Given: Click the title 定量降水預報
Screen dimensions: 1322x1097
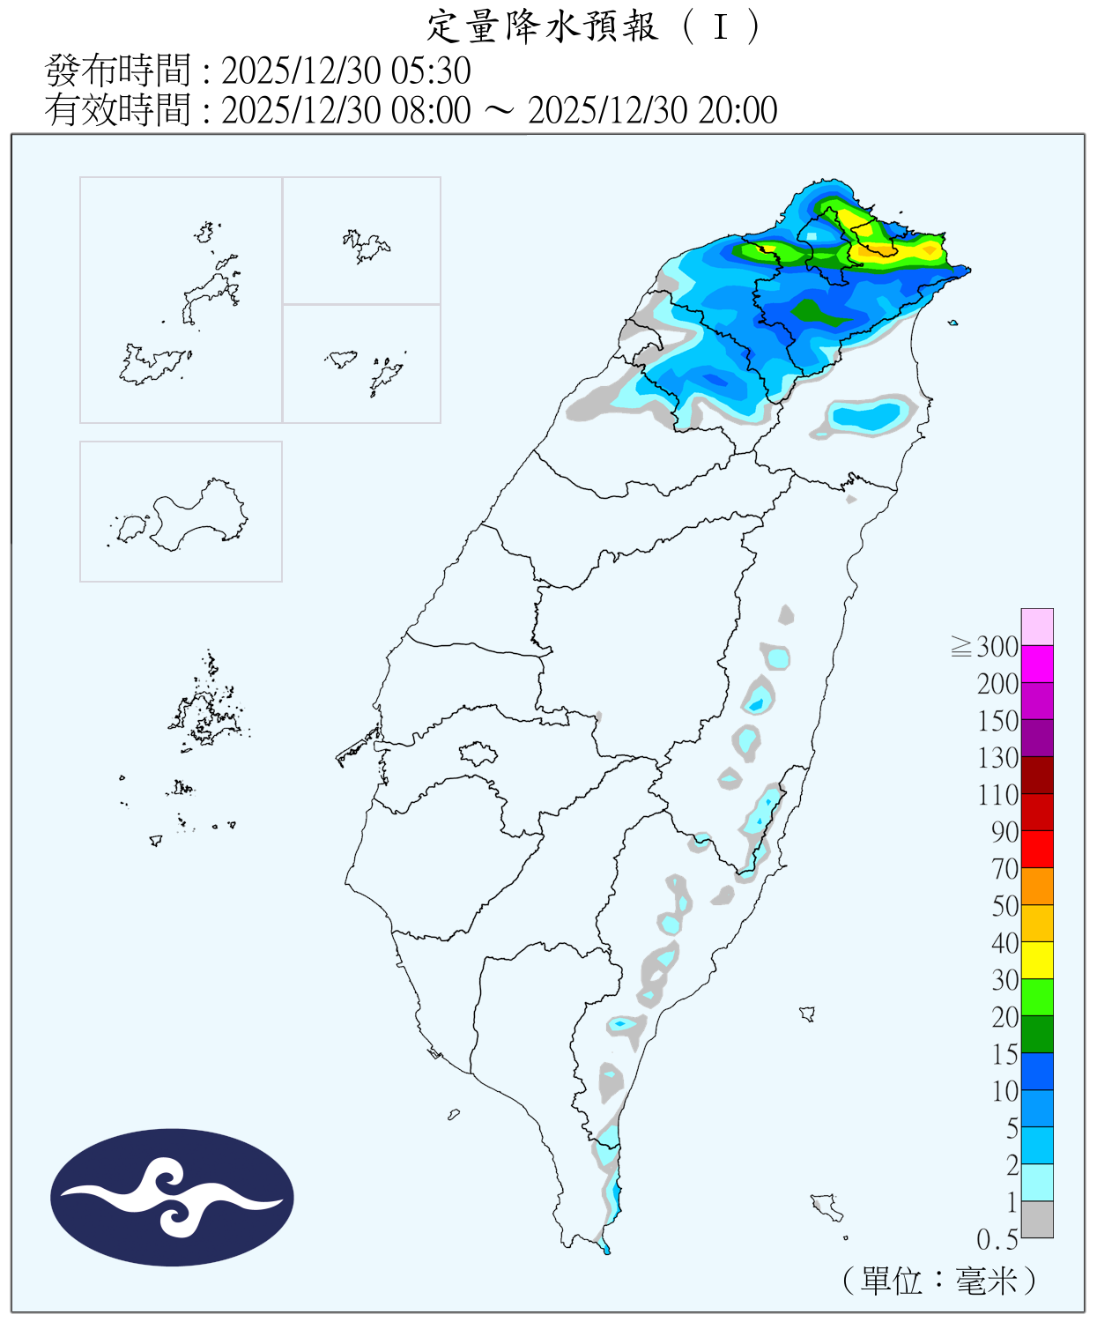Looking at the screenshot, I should click(542, 26).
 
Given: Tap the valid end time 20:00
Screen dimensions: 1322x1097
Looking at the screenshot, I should click(738, 111).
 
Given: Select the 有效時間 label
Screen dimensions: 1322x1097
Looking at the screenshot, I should click(117, 111).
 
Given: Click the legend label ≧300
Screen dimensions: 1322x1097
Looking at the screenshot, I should click(986, 647).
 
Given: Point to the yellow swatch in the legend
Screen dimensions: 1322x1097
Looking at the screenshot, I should click(1037, 960).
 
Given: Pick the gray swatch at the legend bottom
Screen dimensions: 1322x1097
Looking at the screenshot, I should click(1037, 1219).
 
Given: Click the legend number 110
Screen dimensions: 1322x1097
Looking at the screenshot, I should click(998, 795).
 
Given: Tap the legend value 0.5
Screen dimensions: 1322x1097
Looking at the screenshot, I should click(997, 1240).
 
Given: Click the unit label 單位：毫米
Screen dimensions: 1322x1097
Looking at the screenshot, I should click(940, 1281).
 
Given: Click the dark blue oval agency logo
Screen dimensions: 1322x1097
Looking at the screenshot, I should click(172, 1197).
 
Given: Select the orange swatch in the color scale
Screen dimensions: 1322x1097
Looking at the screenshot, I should click(1037, 886).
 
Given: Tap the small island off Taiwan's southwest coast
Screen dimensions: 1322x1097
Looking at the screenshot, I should click(454, 1115).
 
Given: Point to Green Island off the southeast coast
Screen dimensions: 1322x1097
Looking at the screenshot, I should click(807, 1014).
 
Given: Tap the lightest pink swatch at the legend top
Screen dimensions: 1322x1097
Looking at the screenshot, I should click(1037, 627).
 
